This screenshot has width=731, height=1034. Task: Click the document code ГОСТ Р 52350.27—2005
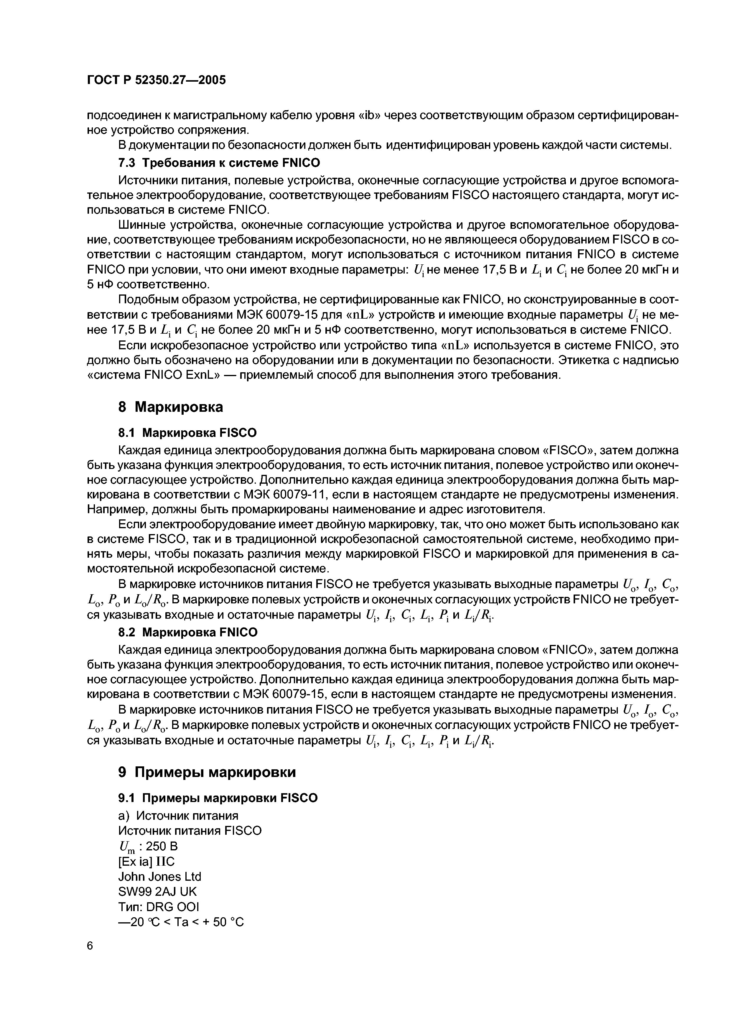(156, 80)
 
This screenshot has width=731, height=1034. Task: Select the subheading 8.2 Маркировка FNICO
(188, 632)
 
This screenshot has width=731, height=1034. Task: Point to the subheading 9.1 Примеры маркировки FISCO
(218, 798)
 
